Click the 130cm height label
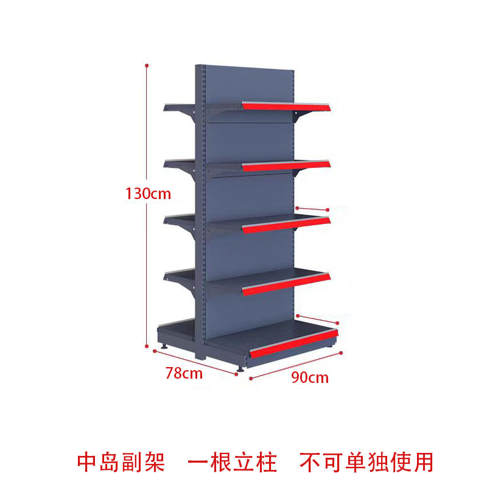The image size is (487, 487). tap(149, 194)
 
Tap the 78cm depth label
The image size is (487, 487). tap(184, 373)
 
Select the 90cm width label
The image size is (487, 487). tap(309, 377)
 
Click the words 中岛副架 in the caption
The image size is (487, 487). tap(121, 462)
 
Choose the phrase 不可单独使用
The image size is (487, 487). tap(366, 462)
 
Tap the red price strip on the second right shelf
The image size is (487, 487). tap(286, 166)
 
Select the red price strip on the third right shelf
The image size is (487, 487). tap(286, 224)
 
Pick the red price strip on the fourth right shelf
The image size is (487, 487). tap(286, 283)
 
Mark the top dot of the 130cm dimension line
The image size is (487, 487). tap(147, 64)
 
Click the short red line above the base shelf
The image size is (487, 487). tap(317, 319)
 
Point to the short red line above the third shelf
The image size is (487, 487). tap(313, 209)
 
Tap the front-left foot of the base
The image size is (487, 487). tap(241, 367)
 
